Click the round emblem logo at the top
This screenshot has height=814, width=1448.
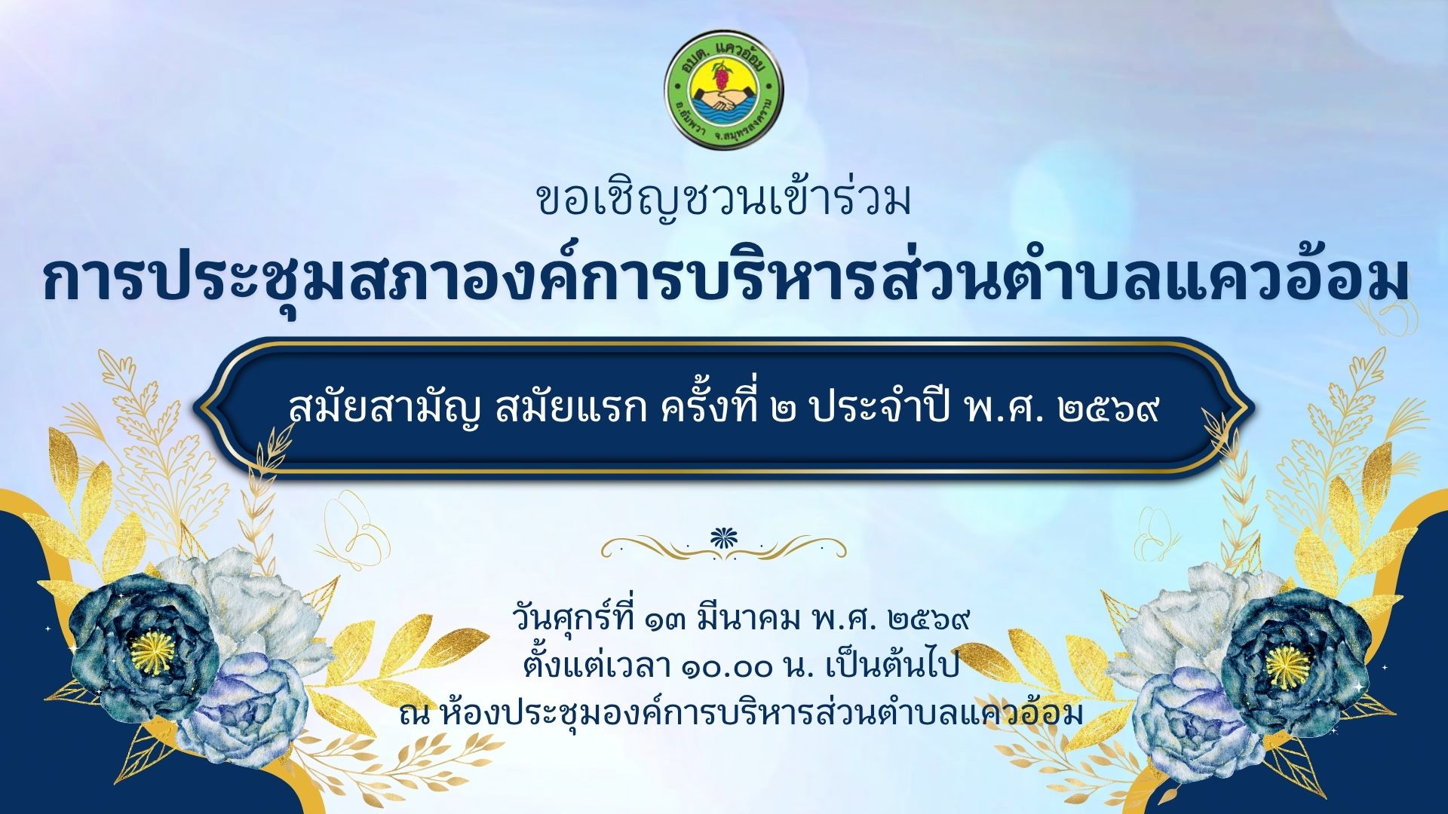pyautogui.click(x=723, y=89)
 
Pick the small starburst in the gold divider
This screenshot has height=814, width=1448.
pyautogui.click(x=724, y=537)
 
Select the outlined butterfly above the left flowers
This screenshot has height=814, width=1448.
pyautogui.click(x=354, y=525)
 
